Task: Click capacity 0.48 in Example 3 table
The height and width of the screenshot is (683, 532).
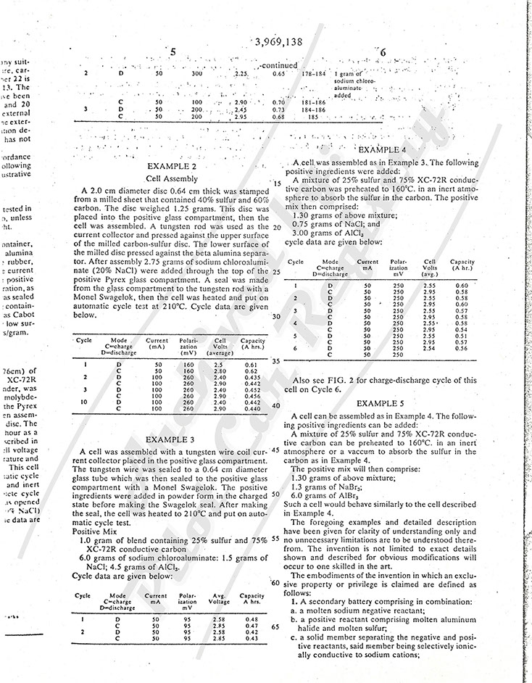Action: (252, 618)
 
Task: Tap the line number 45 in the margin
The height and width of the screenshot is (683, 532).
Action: (275, 450)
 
